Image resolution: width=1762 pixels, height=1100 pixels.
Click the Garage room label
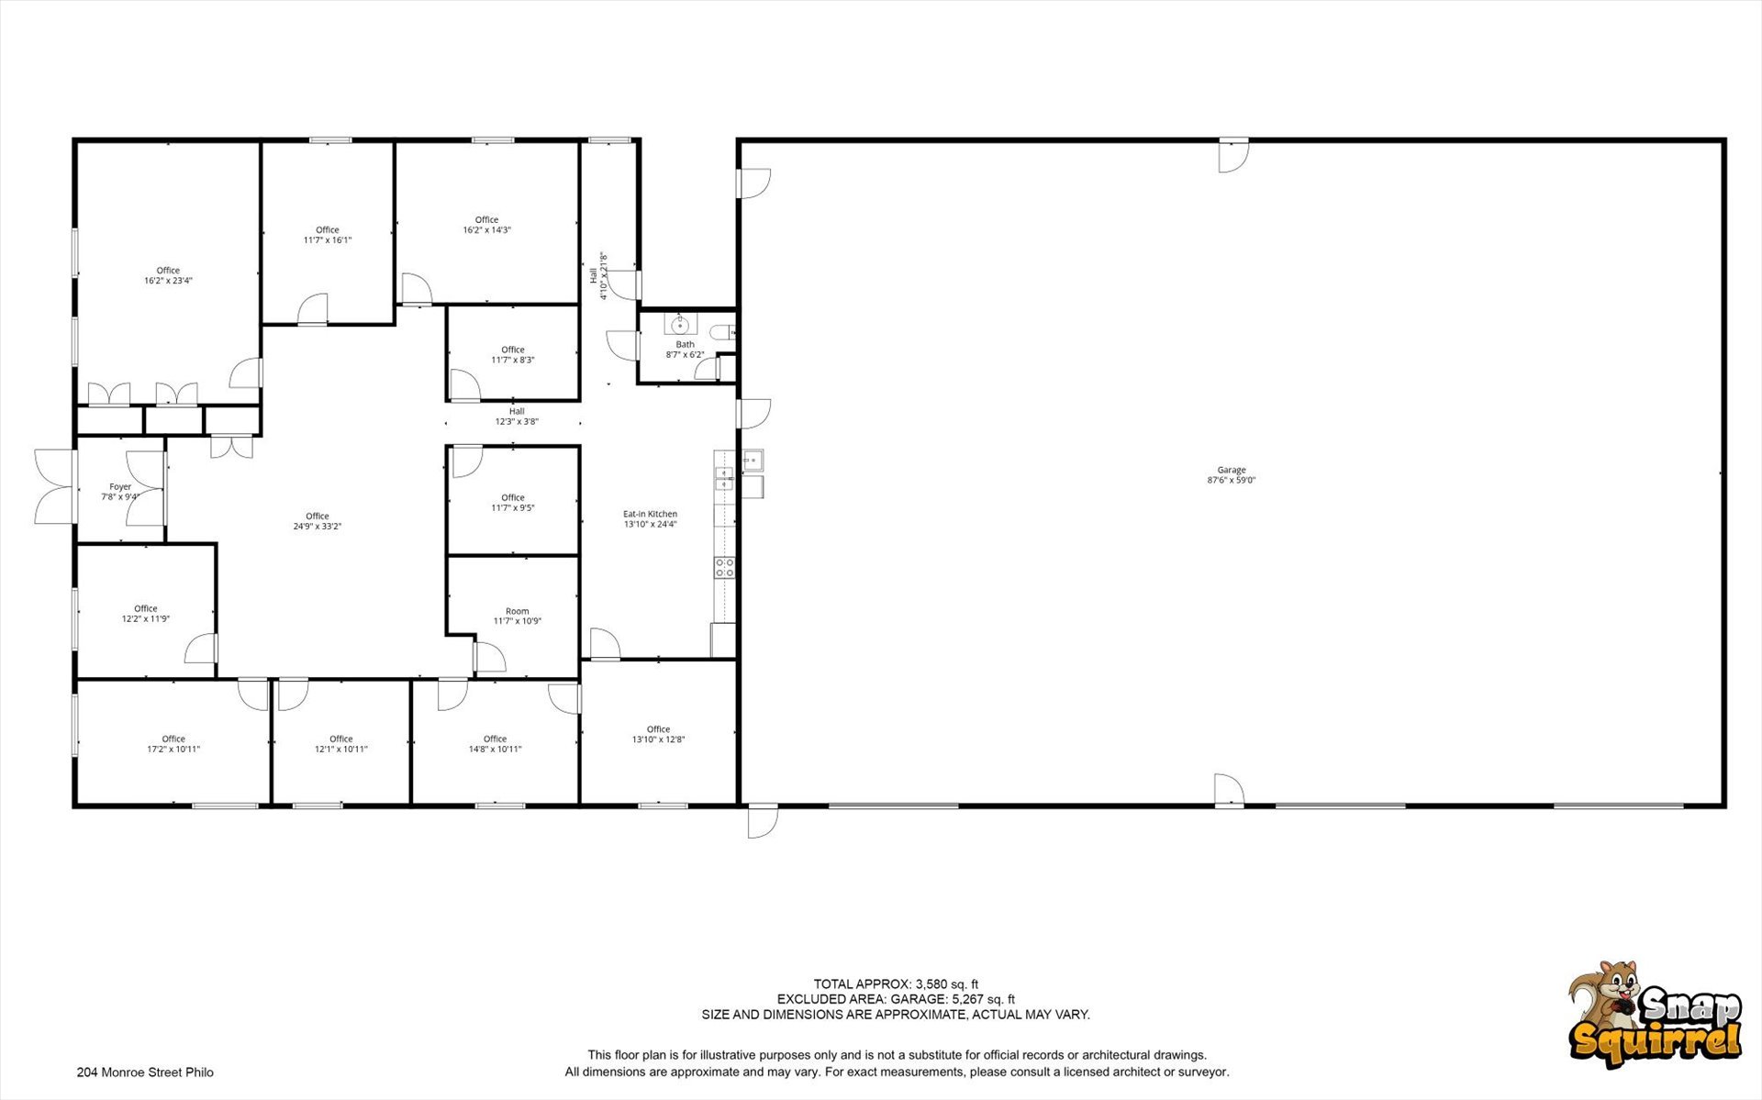point(1232,475)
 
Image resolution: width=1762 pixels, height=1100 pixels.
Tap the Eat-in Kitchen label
point(650,519)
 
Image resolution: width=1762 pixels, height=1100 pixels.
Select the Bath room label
point(685,350)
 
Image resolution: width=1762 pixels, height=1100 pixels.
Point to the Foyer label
point(120,492)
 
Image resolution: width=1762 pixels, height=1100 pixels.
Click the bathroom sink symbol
point(680,325)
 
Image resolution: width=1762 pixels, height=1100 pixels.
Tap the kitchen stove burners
point(724,567)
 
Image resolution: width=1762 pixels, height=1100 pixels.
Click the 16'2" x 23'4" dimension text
point(168,281)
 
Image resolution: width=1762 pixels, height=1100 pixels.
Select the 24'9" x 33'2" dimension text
point(318,527)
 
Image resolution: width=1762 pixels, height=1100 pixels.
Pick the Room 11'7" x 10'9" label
point(518,616)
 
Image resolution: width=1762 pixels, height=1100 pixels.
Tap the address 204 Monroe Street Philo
point(145,1072)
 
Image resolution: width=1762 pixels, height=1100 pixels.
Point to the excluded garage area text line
point(896,999)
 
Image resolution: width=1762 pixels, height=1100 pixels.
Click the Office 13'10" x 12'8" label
point(658,734)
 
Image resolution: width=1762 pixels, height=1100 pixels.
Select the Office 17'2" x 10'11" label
point(173,744)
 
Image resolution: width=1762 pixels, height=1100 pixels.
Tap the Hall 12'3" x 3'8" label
point(517,417)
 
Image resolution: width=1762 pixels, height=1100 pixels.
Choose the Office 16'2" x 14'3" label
point(486,225)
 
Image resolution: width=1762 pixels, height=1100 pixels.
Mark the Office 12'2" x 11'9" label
point(146,614)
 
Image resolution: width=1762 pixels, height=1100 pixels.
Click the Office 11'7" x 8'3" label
point(513,355)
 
